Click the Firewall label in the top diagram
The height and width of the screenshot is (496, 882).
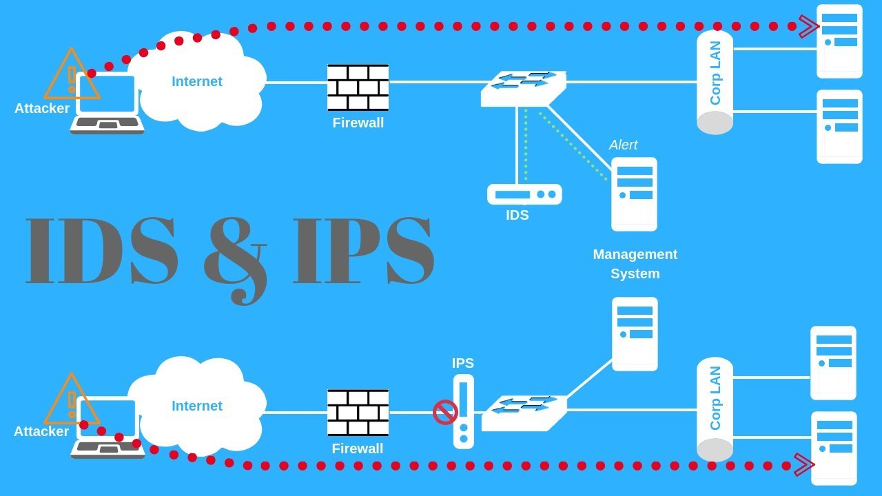pyautogui.click(x=358, y=123)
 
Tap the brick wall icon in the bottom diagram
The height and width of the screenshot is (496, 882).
pyautogui.click(x=358, y=413)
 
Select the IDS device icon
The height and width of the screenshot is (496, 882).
pyautogui.click(x=524, y=194)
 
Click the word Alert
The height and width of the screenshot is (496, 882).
pyautogui.click(x=623, y=145)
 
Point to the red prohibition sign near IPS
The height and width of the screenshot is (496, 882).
pyautogui.click(x=445, y=413)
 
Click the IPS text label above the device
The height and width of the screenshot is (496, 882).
pyautogui.click(x=462, y=363)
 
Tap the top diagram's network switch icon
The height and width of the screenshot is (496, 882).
pyautogui.click(x=523, y=88)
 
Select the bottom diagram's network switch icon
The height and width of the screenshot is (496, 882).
pyautogui.click(x=524, y=413)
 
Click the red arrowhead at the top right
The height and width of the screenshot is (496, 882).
pyautogui.click(x=808, y=27)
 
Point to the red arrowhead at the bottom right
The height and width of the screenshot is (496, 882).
pyautogui.click(x=804, y=465)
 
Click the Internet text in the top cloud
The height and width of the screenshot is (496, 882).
pyautogui.click(x=197, y=81)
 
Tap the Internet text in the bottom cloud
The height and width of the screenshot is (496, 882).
pyautogui.click(x=197, y=406)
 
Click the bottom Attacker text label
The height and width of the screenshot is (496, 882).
pyautogui.click(x=41, y=432)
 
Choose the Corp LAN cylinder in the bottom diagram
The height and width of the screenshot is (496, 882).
pyautogui.click(x=715, y=409)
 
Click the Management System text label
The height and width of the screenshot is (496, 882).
pyautogui.click(x=635, y=264)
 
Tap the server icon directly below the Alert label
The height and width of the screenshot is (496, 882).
pyautogui.click(x=634, y=194)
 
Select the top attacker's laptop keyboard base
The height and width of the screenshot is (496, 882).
pyautogui.click(x=107, y=125)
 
